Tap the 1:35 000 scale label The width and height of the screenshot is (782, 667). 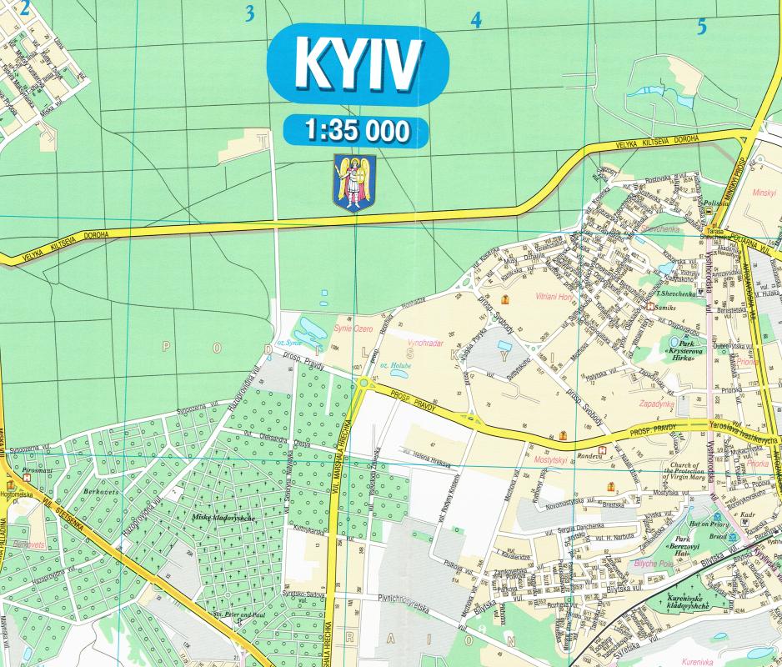(357, 131)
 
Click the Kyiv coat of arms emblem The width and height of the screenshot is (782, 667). (354, 183)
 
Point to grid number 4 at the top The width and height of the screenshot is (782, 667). (476, 21)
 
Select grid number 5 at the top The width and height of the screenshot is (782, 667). (701, 27)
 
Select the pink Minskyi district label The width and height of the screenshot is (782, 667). (764, 191)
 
